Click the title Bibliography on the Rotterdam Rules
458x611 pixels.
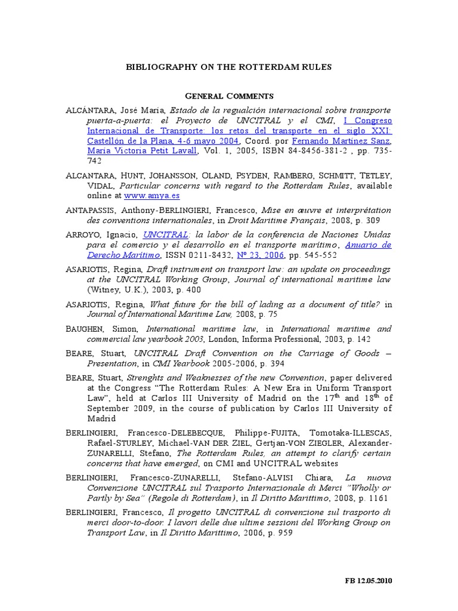(228, 67)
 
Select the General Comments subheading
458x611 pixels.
(229, 95)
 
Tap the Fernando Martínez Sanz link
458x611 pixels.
(341, 141)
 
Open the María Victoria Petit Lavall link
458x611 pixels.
(142, 151)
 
